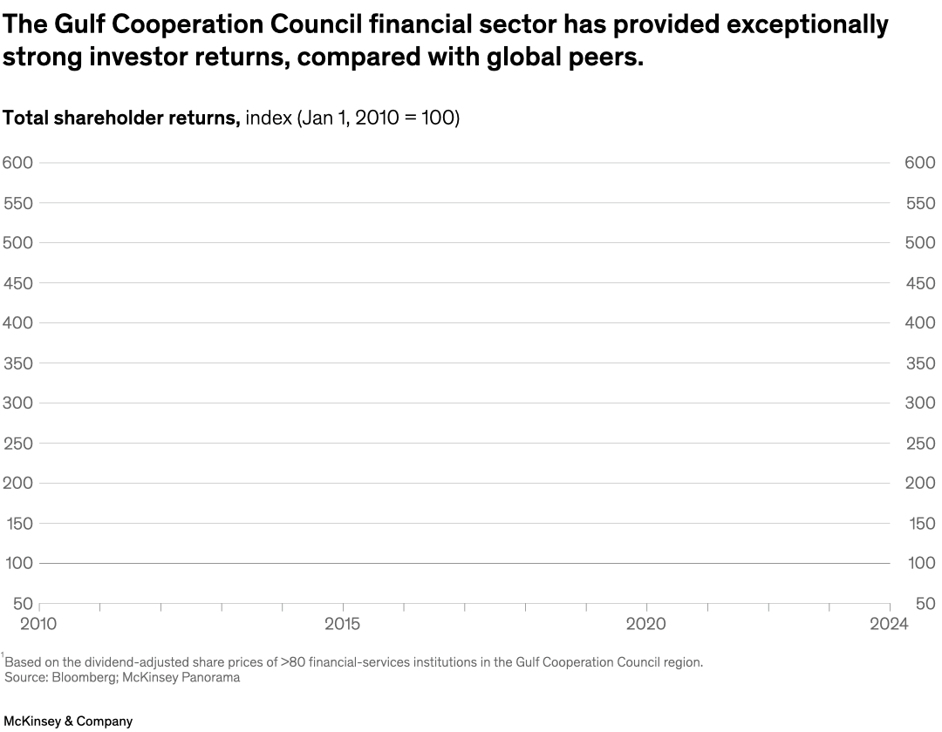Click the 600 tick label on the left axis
tap(18, 163)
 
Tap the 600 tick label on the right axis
tap(919, 163)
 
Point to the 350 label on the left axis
tap(18, 363)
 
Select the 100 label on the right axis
tap(921, 564)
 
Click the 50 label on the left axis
tap(23, 604)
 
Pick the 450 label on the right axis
tap(919, 283)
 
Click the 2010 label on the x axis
tap(38, 624)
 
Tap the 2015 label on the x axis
tap(343, 624)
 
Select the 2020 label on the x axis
tap(646, 624)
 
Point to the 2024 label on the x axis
tap(889, 624)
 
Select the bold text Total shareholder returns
tap(121, 119)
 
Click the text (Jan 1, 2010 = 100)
tap(379, 119)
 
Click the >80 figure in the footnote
tap(296, 662)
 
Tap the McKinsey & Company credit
tap(67, 722)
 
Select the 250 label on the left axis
tap(18, 444)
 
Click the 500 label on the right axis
tap(919, 243)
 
